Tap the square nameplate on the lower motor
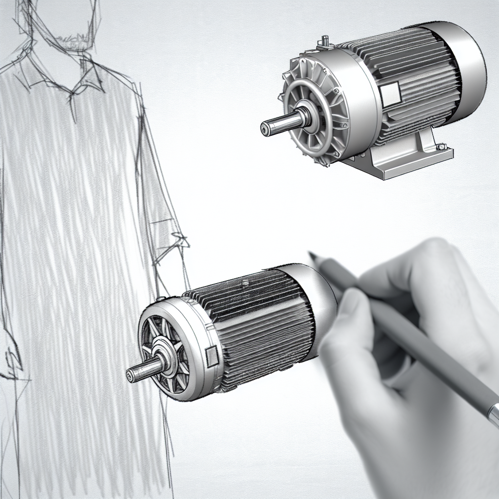click(213, 357)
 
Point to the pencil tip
click(310, 253)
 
